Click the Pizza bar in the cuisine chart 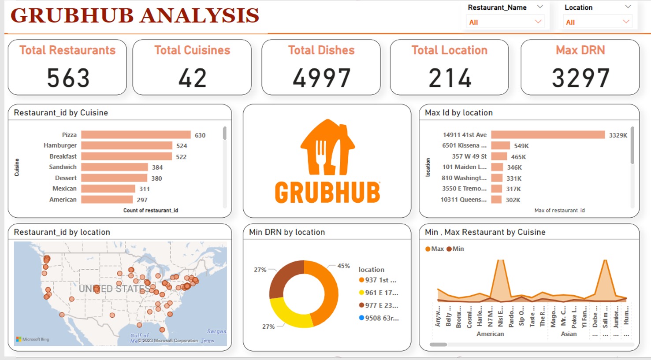click(x=136, y=135)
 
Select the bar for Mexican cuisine click(x=108, y=189)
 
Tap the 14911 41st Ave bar click(x=548, y=135)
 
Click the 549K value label click(x=521, y=146)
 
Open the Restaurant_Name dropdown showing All click(x=505, y=22)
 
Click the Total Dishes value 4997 click(x=321, y=78)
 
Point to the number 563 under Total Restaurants click(x=68, y=78)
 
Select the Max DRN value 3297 click(x=580, y=78)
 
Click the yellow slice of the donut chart click(x=286, y=314)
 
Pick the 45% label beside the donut click(x=343, y=266)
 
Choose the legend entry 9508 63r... click(x=381, y=318)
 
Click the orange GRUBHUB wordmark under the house click(x=327, y=193)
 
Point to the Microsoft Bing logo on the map click(x=33, y=339)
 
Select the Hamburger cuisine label click(x=60, y=145)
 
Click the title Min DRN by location click(x=286, y=232)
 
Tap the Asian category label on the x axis click(x=569, y=334)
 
